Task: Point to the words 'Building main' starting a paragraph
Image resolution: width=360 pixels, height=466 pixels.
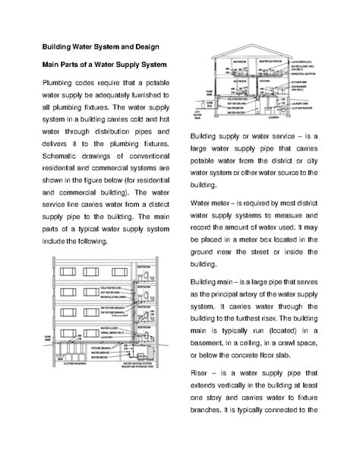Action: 215,282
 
